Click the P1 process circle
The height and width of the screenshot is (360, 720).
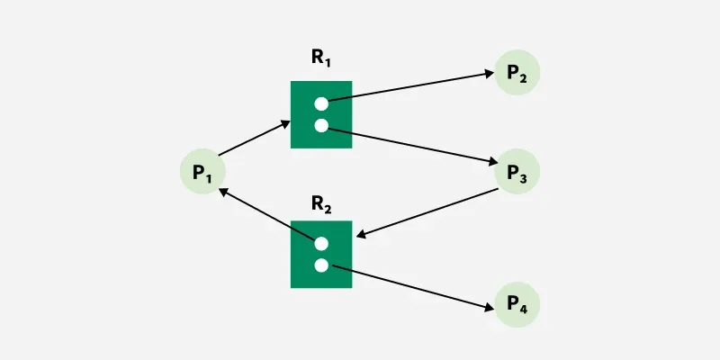click(x=202, y=171)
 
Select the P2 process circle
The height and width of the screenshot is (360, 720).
click(x=517, y=73)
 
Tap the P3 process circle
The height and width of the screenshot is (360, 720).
click(x=517, y=171)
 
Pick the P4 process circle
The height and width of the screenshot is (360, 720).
click(x=517, y=304)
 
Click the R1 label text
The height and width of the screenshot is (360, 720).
click(x=321, y=58)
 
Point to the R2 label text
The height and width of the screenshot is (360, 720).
click(x=321, y=204)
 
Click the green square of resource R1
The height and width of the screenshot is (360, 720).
click(x=321, y=115)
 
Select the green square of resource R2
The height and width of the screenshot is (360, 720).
click(x=321, y=255)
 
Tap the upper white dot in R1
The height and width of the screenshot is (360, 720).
click(x=321, y=104)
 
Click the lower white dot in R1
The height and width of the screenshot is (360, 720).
click(x=321, y=125)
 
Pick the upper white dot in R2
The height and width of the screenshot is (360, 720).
click(x=321, y=244)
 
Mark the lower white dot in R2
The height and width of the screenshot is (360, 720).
click(x=321, y=265)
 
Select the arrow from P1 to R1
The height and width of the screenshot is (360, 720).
click(x=255, y=139)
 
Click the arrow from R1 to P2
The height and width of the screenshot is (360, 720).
click(x=411, y=86)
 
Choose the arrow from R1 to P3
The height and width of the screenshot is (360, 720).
click(x=413, y=146)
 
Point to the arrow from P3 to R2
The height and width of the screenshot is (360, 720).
click(x=427, y=212)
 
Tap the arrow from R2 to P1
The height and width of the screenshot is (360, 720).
click(x=266, y=214)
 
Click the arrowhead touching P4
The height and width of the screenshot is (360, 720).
click(x=490, y=308)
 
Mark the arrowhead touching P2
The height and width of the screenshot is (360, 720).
click(x=490, y=74)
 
